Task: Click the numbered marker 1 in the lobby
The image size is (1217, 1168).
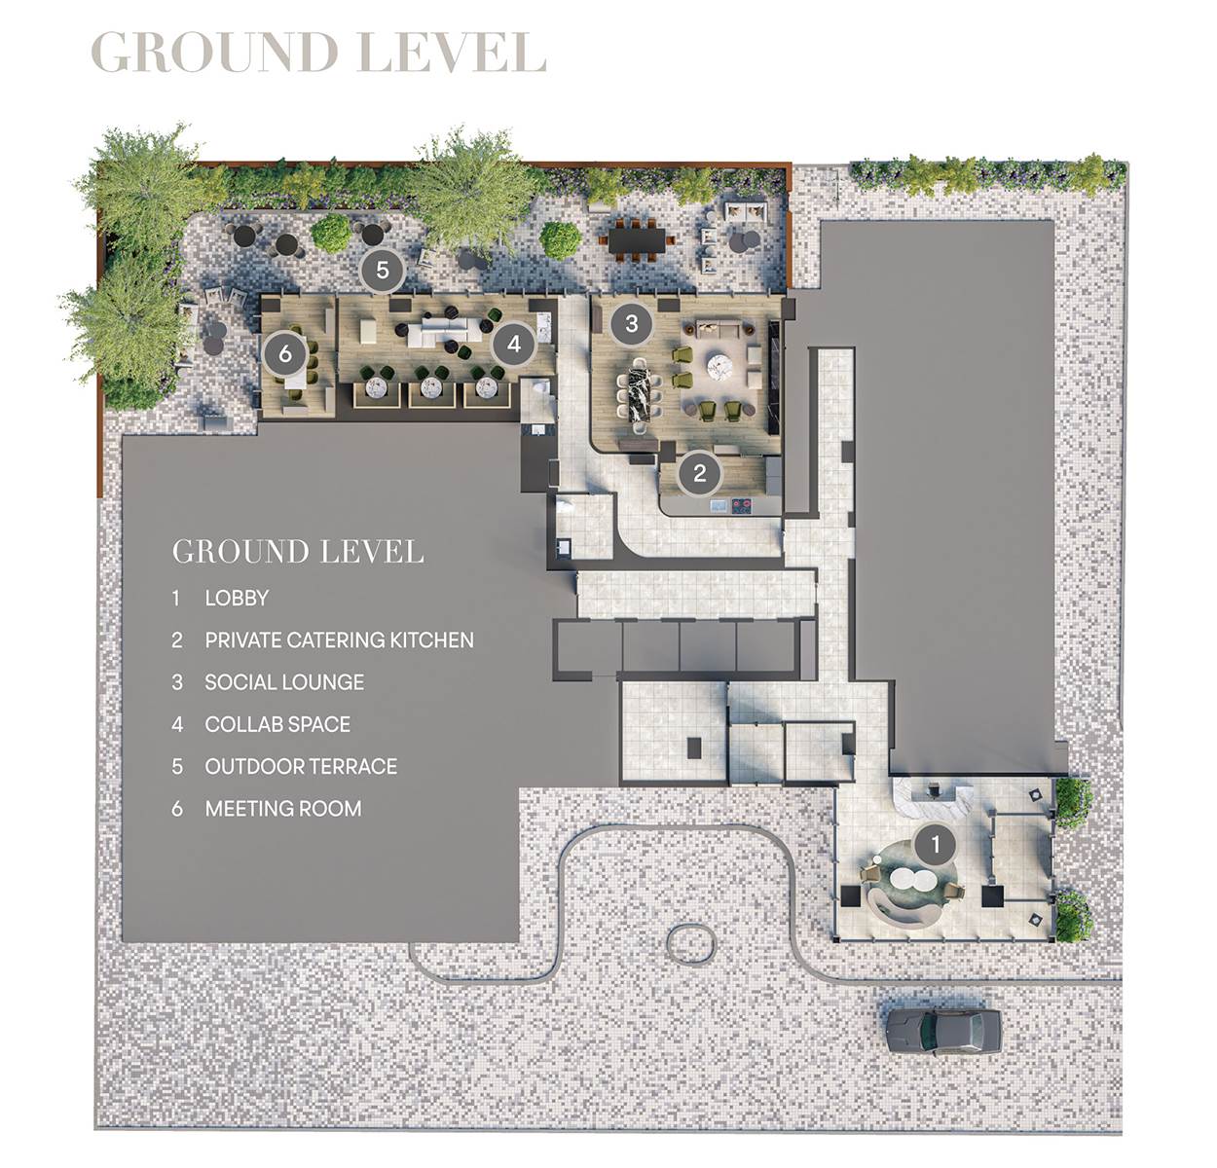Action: coord(935,844)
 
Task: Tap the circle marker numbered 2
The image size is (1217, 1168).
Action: coord(699,474)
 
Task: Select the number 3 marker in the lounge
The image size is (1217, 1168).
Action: coord(631,323)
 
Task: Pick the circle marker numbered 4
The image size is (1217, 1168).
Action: coord(513,343)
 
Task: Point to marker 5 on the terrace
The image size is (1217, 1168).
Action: coord(382,270)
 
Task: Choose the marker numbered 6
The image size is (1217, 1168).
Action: coord(284,353)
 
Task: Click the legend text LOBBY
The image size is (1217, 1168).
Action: coord(237,598)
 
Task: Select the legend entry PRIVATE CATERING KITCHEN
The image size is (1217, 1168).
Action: coord(339,639)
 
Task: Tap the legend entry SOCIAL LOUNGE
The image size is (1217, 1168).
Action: coord(284,682)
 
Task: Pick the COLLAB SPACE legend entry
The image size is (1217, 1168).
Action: coord(277,724)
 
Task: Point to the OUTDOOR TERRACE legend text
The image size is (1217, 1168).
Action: coord(301,766)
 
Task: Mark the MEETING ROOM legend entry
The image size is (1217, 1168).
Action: coord(282,808)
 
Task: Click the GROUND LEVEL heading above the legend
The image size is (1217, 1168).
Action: coord(298,552)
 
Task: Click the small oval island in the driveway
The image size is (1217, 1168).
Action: coord(690,941)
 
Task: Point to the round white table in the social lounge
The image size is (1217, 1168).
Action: coord(721,366)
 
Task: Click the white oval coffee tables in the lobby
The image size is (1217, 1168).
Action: coord(908,880)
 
